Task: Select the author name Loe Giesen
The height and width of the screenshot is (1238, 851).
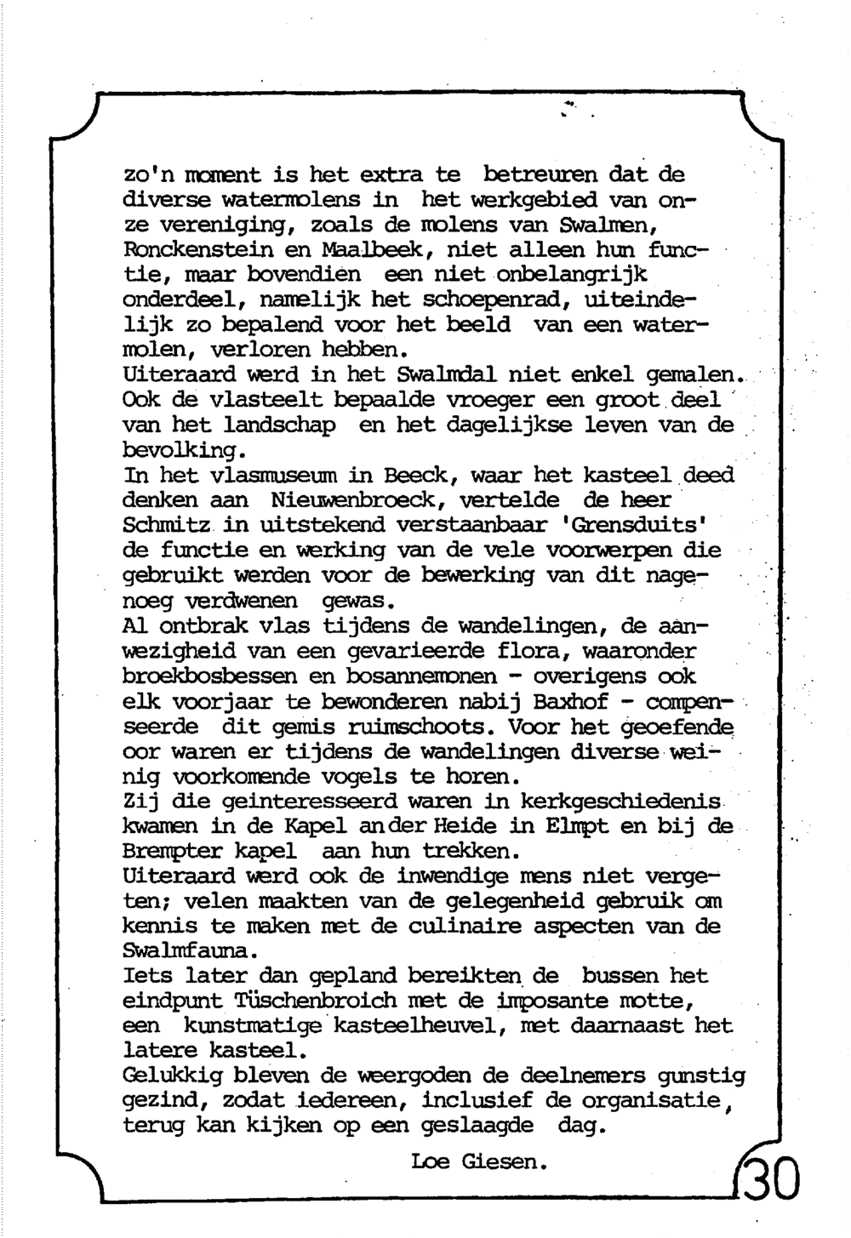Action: [477, 1161]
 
